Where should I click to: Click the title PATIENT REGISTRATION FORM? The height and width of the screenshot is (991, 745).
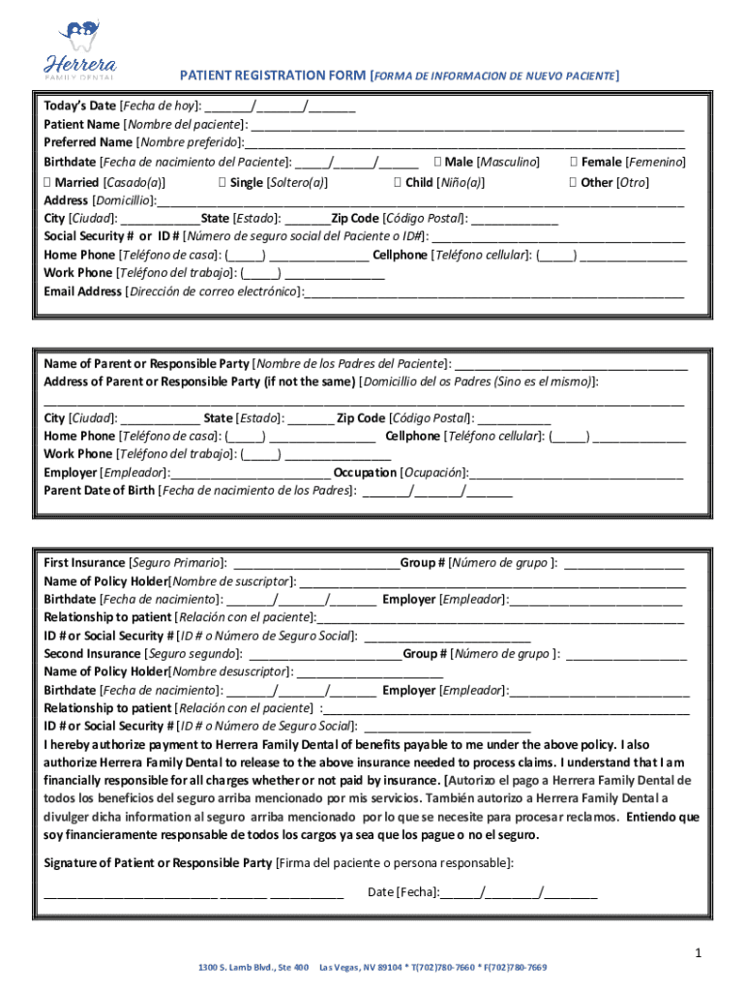tap(274, 75)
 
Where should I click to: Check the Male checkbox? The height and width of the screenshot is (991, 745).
tap(438, 163)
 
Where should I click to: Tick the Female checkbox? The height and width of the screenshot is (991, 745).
tap(575, 163)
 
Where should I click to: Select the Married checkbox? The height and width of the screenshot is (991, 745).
tap(48, 182)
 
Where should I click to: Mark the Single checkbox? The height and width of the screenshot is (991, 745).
tap(223, 182)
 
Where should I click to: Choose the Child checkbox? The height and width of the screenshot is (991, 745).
tap(399, 182)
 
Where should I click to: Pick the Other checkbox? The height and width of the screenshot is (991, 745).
tap(575, 182)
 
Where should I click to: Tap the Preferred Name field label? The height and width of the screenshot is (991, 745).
tap(81, 143)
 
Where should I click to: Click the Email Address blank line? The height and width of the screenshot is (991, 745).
tap(493, 292)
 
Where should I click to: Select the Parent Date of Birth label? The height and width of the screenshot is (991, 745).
tap(99, 491)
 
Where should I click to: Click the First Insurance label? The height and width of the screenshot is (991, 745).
tap(85, 563)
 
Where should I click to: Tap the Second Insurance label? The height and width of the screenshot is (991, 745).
tap(93, 654)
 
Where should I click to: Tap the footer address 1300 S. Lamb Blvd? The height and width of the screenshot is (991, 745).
tap(253, 968)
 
